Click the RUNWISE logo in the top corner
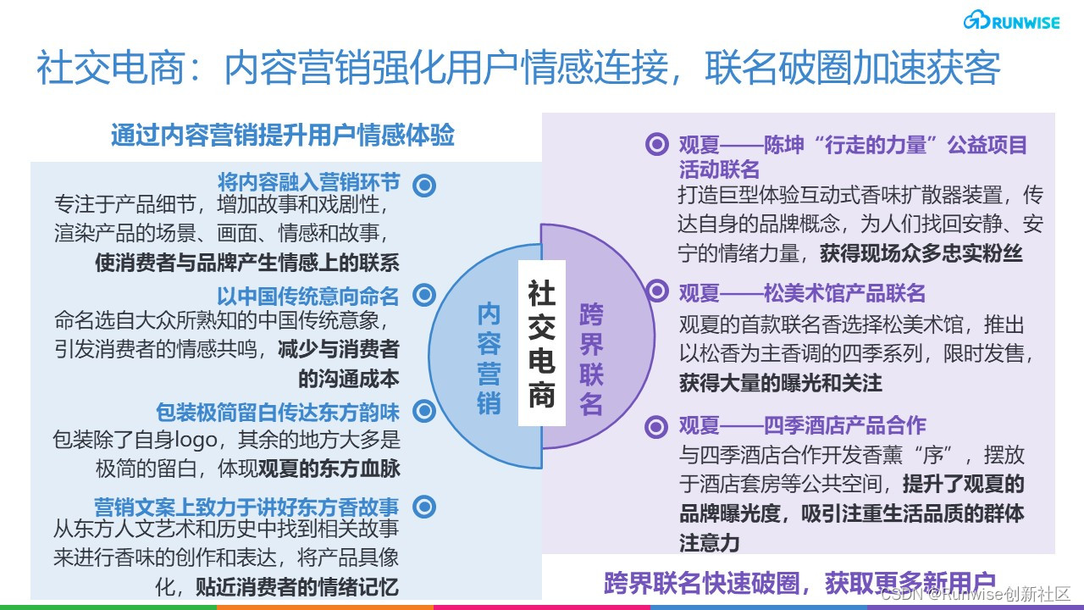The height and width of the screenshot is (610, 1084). click(1010, 22)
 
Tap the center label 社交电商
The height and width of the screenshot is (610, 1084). click(541, 344)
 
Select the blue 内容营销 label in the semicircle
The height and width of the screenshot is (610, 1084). click(489, 358)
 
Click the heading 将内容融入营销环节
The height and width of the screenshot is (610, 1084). click(308, 183)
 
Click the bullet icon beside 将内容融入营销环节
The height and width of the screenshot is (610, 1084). click(424, 186)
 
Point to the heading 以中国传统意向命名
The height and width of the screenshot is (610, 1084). click(307, 296)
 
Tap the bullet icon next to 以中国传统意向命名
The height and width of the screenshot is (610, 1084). click(424, 296)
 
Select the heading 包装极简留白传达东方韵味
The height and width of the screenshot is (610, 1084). click(277, 413)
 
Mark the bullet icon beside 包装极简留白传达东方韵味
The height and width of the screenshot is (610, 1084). click(424, 412)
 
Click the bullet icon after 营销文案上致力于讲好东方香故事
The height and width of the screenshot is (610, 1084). click(424, 507)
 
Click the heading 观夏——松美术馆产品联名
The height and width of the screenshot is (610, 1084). click(802, 293)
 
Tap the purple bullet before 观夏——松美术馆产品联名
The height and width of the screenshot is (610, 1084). click(657, 291)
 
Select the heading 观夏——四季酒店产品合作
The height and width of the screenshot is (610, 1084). click(802, 424)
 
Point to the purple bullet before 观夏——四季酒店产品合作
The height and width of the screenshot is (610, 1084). click(657, 425)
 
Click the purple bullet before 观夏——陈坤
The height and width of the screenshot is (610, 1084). click(657, 144)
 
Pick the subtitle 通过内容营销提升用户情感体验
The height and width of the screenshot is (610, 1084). click(283, 136)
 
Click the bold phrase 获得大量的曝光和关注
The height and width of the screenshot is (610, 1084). click(780, 383)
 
